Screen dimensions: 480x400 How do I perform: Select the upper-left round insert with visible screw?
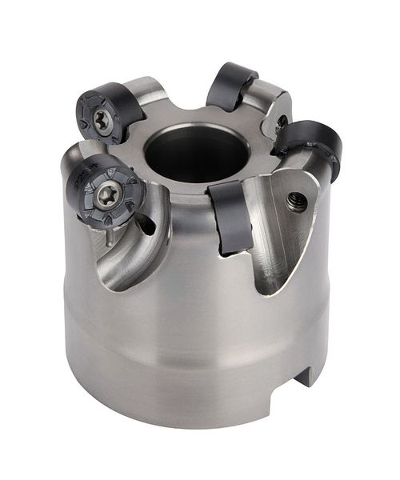click(104, 116)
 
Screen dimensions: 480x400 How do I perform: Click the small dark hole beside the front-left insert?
click(146, 226)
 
